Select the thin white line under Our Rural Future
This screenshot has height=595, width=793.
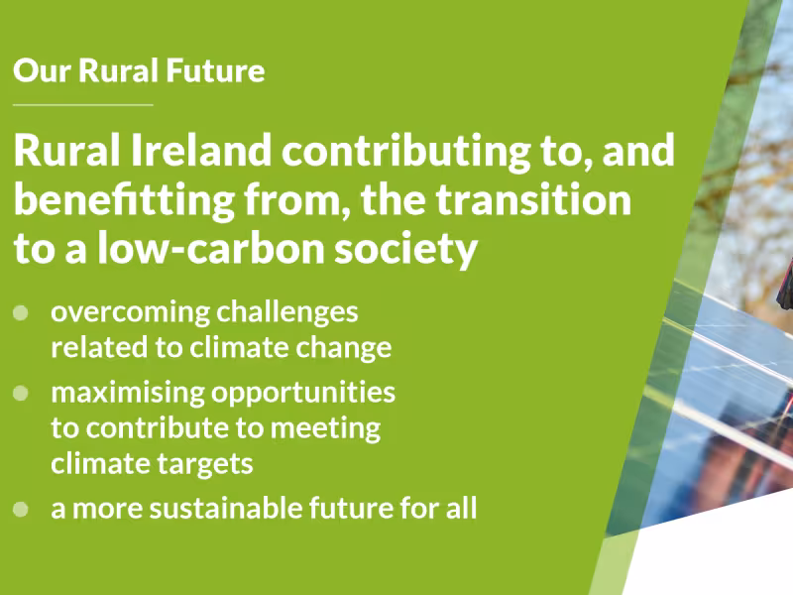pos(83,103)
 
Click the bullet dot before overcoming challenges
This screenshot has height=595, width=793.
pos(21,312)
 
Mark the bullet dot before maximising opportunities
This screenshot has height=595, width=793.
pos(21,393)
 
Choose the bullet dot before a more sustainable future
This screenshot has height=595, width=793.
pos(21,510)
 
